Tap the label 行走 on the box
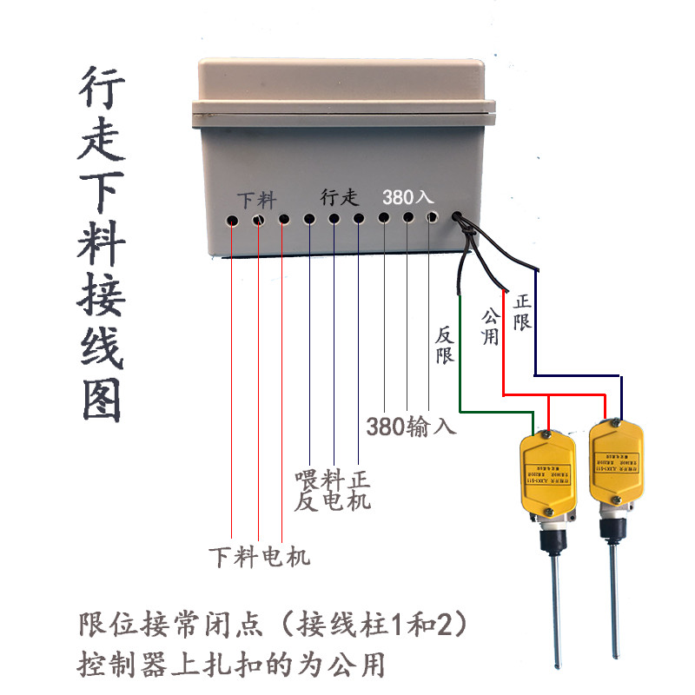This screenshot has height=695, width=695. tap(339, 197)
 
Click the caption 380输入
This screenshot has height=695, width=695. tap(410, 427)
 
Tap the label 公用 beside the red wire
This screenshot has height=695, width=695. tap(491, 323)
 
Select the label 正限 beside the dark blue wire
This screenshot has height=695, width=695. tap(522, 311)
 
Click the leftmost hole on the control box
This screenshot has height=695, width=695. tap(233, 220)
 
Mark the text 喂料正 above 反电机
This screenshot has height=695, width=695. tap(333, 480)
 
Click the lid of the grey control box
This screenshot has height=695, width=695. tap(347, 83)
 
